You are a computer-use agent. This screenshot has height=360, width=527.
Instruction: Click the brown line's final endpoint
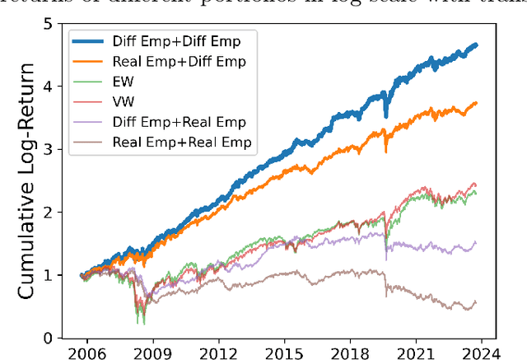point(476,302)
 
